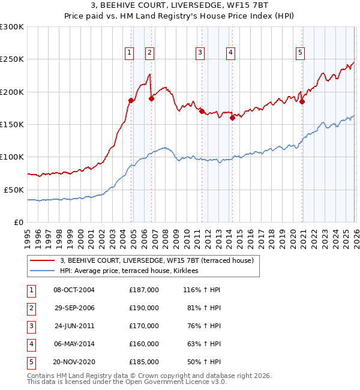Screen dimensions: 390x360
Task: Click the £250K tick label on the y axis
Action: point(12,59)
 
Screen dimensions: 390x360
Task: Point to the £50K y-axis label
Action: point(14,189)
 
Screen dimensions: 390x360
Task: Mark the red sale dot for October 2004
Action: point(131,100)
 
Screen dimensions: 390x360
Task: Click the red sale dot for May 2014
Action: point(232,118)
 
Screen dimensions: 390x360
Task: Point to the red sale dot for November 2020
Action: point(302,102)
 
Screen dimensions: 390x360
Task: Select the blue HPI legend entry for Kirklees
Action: point(133,271)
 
